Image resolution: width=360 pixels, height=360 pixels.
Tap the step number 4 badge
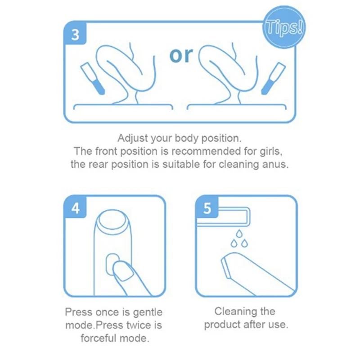coord(75,209)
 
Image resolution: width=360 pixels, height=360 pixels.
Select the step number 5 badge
coord(207,209)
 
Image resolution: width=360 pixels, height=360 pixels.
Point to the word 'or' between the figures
coord(181,55)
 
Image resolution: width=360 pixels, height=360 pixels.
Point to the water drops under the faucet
coord(239,238)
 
